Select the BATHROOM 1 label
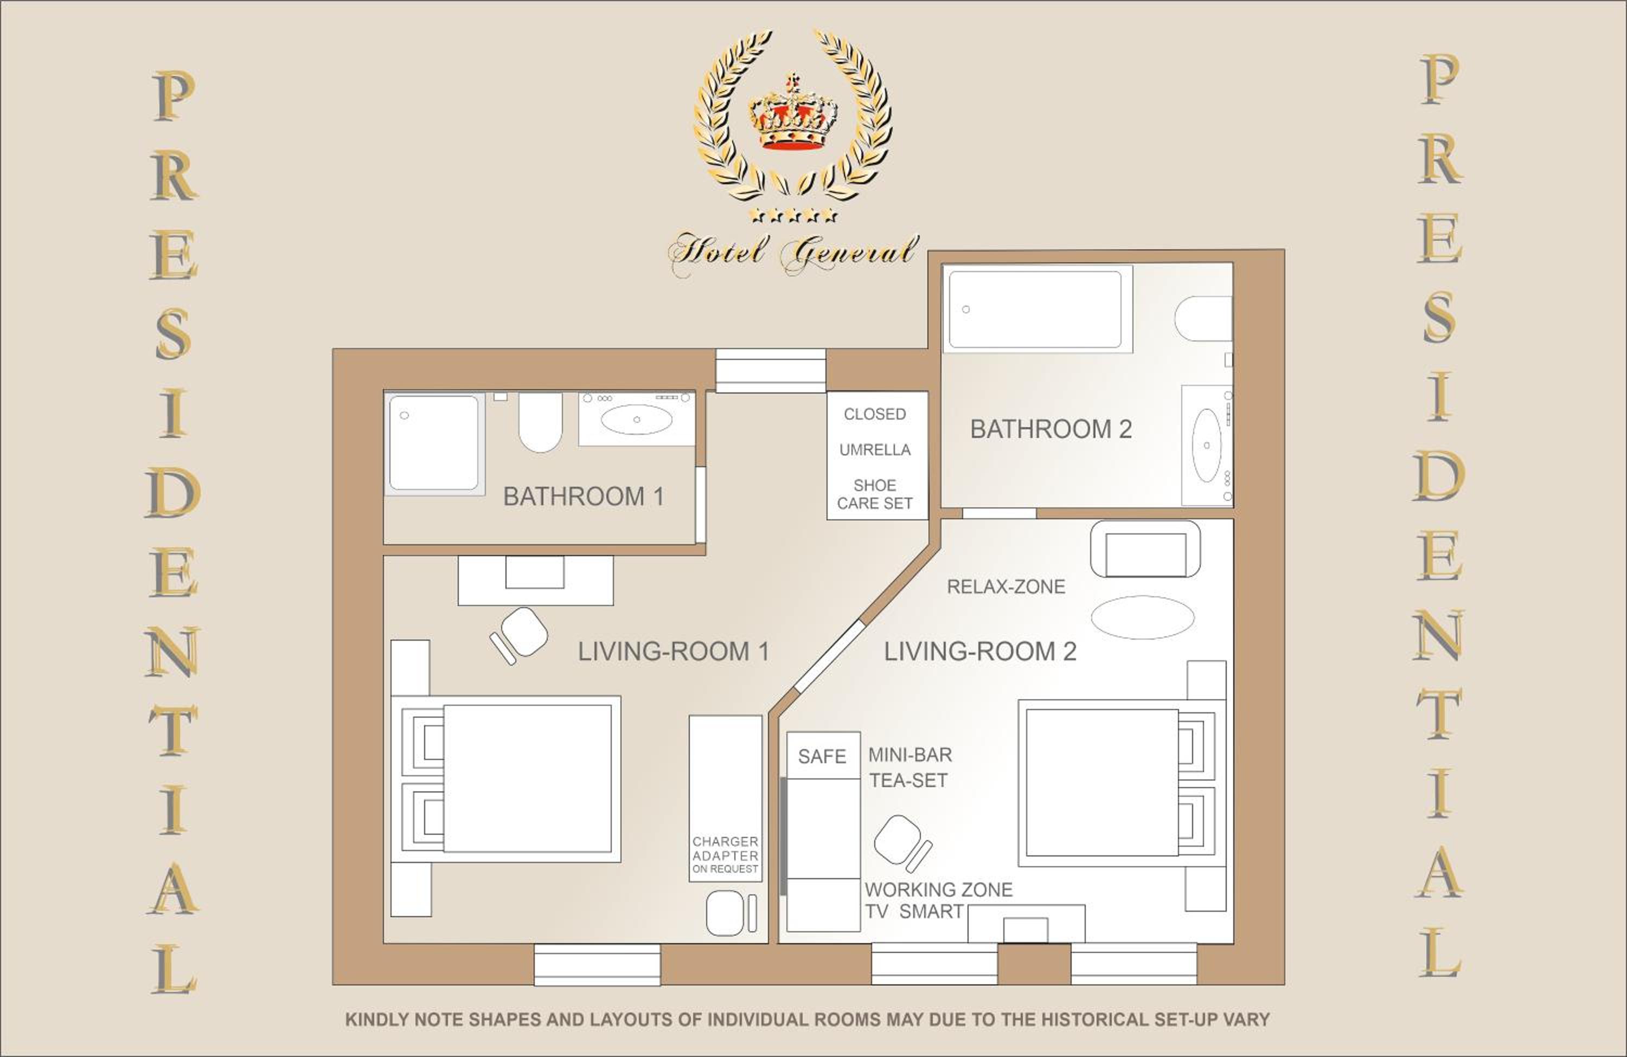tap(583, 497)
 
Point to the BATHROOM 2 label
tap(1050, 429)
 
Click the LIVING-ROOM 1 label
tap(674, 651)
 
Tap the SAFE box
tap(822, 756)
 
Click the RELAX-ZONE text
tap(1005, 587)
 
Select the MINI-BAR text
tap(910, 755)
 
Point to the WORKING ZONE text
tap(939, 890)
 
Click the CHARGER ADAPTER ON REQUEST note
tap(725, 855)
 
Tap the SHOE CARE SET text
tap(874, 494)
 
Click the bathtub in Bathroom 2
tap(1035, 310)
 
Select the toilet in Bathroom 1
tap(540, 422)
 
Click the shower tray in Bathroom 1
tap(433, 443)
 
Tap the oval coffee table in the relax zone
tap(1142, 617)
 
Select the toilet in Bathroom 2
tap(1203, 318)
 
